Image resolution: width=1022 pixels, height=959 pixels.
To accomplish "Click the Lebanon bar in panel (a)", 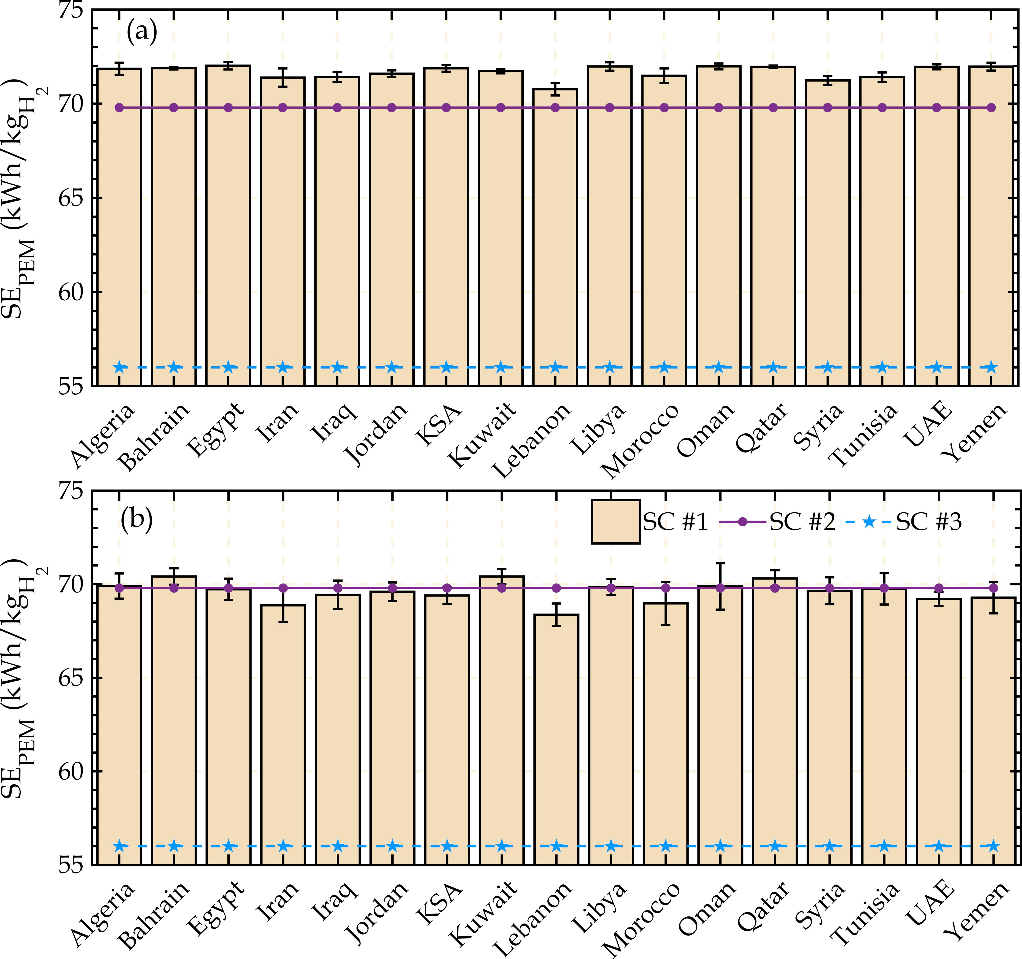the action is pyautogui.click(x=555, y=237).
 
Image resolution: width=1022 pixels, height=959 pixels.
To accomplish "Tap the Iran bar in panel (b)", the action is pyautogui.click(x=283, y=735).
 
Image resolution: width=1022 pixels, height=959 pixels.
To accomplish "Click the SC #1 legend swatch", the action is pyautogui.click(x=615, y=522).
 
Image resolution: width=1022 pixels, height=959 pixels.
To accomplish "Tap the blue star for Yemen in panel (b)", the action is pyautogui.click(x=993, y=846).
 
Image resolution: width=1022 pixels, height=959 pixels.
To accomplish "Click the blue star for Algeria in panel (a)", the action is pyautogui.click(x=119, y=367).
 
